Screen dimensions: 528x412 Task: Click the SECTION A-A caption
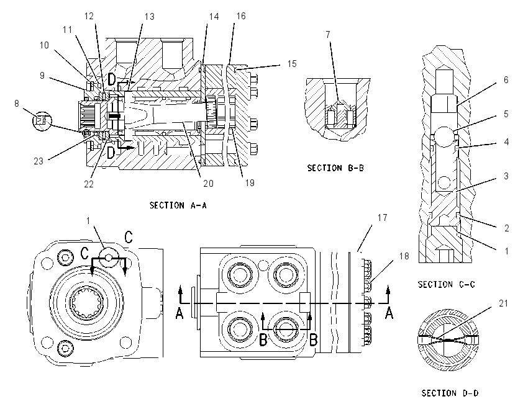(178, 205)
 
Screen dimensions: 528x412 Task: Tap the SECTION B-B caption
(335, 168)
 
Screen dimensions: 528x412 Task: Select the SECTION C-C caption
(447, 285)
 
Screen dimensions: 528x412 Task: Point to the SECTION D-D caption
(450, 393)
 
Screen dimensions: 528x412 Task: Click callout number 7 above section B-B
(328, 34)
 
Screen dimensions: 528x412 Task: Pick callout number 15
(291, 64)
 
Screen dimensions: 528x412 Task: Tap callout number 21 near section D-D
(503, 303)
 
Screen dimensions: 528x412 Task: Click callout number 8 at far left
(17, 103)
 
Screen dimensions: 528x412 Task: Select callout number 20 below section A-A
(208, 183)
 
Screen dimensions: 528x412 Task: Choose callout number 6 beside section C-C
(506, 80)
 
